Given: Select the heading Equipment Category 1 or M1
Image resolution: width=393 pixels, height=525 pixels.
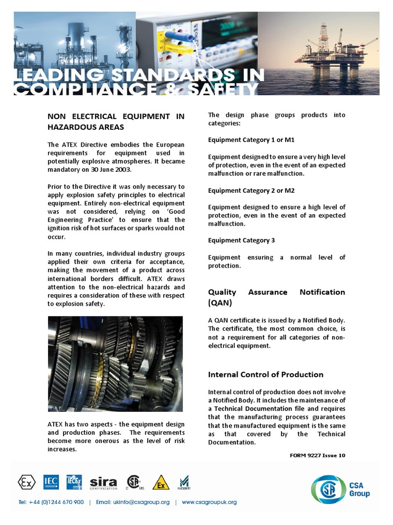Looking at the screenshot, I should (251, 140).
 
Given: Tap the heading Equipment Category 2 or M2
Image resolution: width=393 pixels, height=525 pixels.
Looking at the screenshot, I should (251, 190).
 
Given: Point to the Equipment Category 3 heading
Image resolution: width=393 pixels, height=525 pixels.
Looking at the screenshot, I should (241, 240).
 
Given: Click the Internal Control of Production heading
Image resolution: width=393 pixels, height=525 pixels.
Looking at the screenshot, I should (266, 374).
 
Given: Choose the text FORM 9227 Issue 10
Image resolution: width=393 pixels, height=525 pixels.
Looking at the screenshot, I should (317, 455).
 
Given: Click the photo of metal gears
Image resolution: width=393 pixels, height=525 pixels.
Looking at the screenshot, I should (115, 364).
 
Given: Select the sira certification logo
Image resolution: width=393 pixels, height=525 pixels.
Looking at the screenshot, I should (103, 483).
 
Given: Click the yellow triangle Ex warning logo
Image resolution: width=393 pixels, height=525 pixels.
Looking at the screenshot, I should (161, 482).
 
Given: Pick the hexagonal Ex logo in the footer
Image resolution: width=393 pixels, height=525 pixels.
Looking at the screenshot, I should (27, 482).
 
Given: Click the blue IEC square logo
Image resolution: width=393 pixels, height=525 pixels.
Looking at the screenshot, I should (51, 482).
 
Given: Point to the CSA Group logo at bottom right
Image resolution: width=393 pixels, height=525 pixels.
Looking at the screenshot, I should (340, 490).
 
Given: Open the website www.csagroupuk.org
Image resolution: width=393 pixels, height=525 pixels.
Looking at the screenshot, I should (209, 502).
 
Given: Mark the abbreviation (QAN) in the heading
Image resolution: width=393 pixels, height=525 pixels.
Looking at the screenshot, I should (220, 303).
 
